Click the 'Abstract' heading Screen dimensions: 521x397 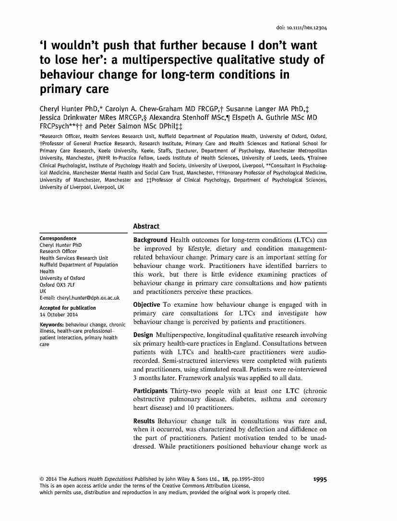pyautogui.click(x=146, y=226)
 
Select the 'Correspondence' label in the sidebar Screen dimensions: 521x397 pyautogui.click(x=58, y=238)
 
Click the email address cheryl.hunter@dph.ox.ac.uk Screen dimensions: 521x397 pyautogui.click(x=77, y=298)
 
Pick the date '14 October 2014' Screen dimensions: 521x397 pyautogui.click(x=59, y=314)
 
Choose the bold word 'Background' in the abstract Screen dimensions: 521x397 pyautogui.click(x=150, y=240)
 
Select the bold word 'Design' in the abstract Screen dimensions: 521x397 pyautogui.click(x=142, y=335)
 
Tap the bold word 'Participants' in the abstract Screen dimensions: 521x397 pyautogui.click(x=151, y=390)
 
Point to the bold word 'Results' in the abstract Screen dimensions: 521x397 pyautogui.click(x=144, y=421)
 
